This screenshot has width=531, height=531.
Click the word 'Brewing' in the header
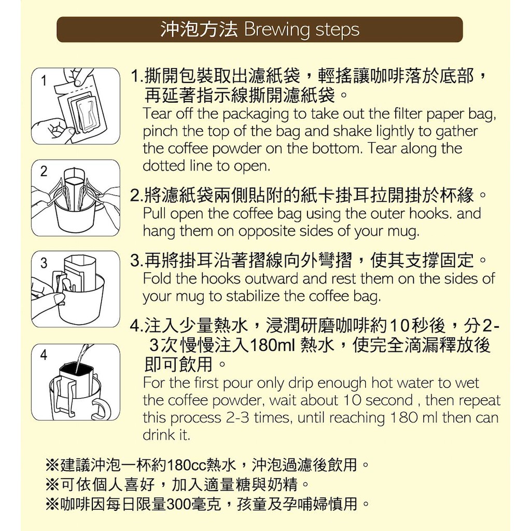point(277,30)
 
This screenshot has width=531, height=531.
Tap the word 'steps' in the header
point(337,30)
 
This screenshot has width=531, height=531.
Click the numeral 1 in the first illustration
point(44,81)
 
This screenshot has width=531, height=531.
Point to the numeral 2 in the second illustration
point(44,172)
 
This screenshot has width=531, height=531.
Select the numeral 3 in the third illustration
point(44,263)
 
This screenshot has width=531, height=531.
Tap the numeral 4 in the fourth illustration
point(44,355)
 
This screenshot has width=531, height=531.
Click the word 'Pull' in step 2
point(155,213)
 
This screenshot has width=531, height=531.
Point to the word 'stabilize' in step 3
point(253,296)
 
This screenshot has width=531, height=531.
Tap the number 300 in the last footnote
point(178,505)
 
